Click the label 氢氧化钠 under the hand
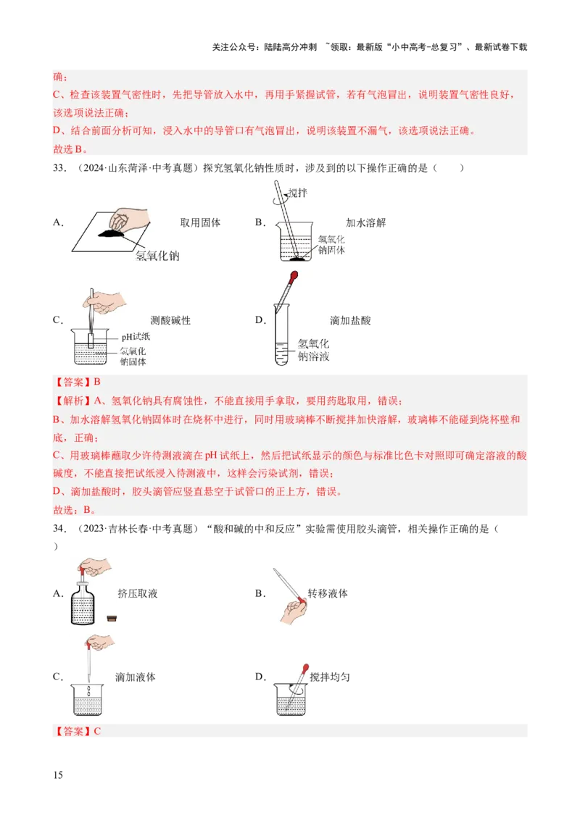(x=157, y=256)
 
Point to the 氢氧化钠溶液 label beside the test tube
(x=313, y=350)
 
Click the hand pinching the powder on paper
(x=128, y=218)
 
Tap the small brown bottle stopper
(x=112, y=617)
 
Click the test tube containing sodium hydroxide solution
(x=280, y=340)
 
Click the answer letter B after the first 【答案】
(x=96, y=382)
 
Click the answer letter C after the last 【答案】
(x=97, y=731)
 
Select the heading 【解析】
(x=70, y=401)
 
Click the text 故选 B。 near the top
(x=70, y=149)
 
